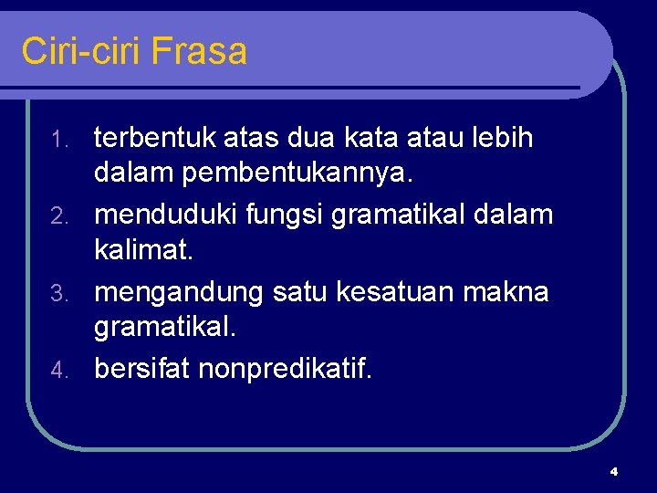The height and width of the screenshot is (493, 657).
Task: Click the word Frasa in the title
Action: point(199,51)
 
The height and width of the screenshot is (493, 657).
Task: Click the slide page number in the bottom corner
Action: point(613,471)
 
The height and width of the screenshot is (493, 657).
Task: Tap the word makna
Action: point(516,292)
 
